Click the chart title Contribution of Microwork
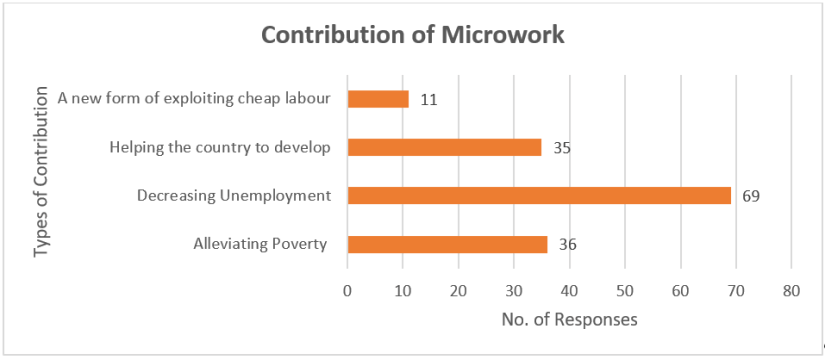(x=413, y=34)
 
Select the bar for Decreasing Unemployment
(x=539, y=196)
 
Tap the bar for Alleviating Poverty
(x=447, y=244)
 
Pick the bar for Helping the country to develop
(x=444, y=147)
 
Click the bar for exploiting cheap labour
(x=378, y=99)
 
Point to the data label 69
(x=751, y=196)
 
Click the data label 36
(x=568, y=244)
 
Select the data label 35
(x=562, y=148)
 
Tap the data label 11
(x=429, y=99)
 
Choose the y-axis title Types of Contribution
(x=42, y=171)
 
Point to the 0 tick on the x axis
(x=347, y=291)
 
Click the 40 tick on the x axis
(x=569, y=291)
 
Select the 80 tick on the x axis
(x=791, y=291)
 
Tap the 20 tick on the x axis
(x=458, y=291)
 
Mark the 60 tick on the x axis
(x=680, y=291)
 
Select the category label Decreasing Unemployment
(x=234, y=196)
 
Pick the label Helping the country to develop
(x=220, y=148)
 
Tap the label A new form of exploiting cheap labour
(x=194, y=99)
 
